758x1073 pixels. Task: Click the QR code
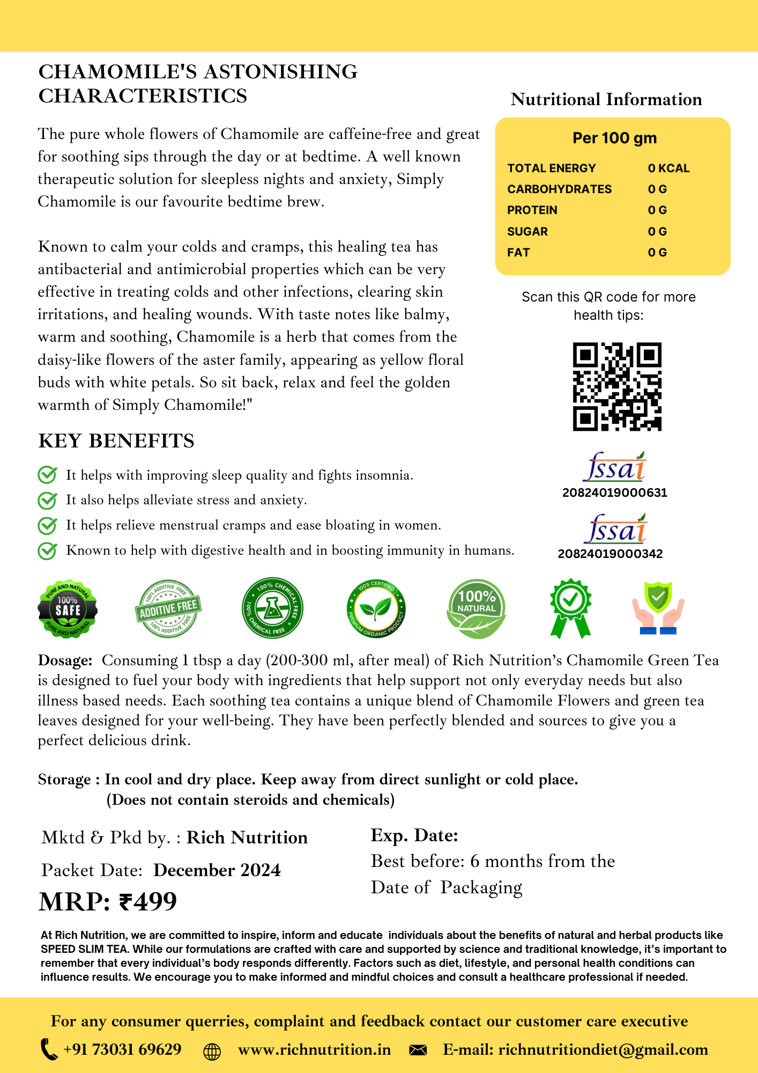pos(617,386)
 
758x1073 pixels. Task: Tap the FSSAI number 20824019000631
pos(614,493)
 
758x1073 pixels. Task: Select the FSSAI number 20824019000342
pos(610,554)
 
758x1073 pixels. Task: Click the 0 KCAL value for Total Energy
pos(668,168)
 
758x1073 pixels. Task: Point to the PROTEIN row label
pos(532,210)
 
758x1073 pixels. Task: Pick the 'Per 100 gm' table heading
pos(614,138)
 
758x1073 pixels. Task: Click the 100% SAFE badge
pos(68,609)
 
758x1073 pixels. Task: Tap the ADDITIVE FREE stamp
pos(168,609)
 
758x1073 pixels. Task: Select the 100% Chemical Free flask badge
pos(272,608)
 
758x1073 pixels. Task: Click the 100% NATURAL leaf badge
pos(476,609)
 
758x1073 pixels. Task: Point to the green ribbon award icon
pos(570,608)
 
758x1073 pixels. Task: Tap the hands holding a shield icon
pos(658,608)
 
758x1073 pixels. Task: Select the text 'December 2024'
pos(217,870)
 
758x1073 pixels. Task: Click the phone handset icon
pos(49,1049)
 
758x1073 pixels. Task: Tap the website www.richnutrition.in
pos(314,1050)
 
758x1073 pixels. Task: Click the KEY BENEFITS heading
pos(116,440)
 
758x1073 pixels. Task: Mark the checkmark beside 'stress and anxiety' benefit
pos(47,500)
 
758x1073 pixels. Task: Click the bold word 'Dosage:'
pos(65,660)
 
